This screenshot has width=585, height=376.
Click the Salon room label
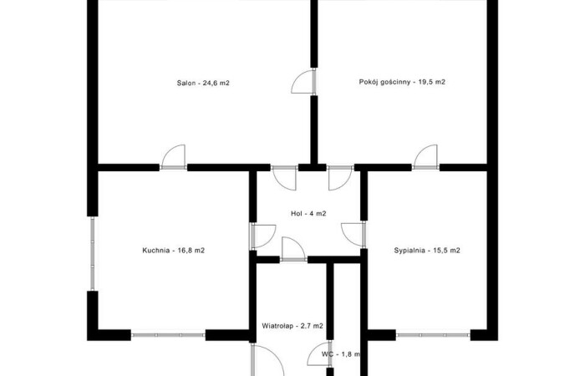pyautogui.click(x=203, y=83)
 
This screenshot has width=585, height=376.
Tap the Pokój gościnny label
pyautogui.click(x=402, y=82)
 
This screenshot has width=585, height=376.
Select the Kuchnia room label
pyautogui.click(x=174, y=251)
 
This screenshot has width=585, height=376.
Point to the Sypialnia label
pyautogui.click(x=427, y=251)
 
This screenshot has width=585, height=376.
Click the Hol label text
pyautogui.click(x=308, y=213)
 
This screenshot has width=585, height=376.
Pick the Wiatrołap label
pyautogui.click(x=292, y=326)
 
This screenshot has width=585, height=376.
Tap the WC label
pyautogui.click(x=341, y=354)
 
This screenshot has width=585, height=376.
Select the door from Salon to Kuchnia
pyautogui.click(x=174, y=157)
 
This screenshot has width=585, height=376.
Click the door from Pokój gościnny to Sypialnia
pyautogui.click(x=425, y=157)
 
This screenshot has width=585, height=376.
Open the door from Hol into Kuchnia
pyautogui.click(x=263, y=236)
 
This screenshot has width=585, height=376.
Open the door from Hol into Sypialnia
pyautogui.click(x=354, y=234)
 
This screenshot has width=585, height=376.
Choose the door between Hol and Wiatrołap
pyautogui.click(x=293, y=249)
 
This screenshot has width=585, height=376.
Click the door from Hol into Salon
pyautogui.click(x=284, y=178)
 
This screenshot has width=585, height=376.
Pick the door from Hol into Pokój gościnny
pyautogui.click(x=340, y=178)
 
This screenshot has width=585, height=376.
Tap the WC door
pyautogui.click(x=319, y=353)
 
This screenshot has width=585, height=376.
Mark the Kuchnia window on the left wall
pyautogui.click(x=93, y=254)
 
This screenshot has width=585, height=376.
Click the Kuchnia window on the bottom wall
pyautogui.click(x=168, y=335)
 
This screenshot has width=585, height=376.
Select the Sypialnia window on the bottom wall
pyautogui.click(x=433, y=335)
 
